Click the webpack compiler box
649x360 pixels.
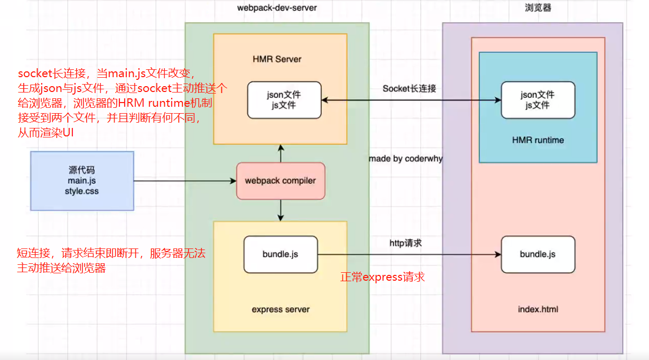point(280,181)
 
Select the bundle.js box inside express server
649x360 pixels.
point(280,254)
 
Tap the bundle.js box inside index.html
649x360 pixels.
point(537,254)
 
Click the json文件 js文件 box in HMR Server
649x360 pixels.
point(285,100)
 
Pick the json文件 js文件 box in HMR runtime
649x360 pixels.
point(537,100)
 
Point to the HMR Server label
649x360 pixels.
point(277,59)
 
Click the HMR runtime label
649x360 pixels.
point(537,140)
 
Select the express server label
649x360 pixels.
point(280,309)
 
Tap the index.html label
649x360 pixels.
point(537,309)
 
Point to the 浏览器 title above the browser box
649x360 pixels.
point(539,7)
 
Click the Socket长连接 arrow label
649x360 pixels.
point(409,89)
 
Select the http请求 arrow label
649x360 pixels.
point(406,243)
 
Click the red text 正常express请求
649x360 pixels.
point(383,277)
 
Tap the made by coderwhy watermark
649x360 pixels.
point(405,159)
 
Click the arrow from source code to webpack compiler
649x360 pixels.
point(185,181)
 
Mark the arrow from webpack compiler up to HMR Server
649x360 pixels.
point(281,154)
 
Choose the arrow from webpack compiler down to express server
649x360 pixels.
point(281,210)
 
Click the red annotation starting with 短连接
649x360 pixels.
point(111,261)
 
